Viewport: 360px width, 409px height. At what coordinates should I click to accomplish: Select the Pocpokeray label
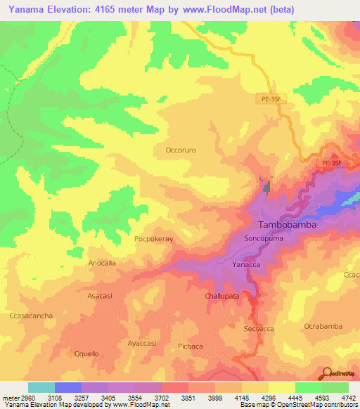click(153, 239)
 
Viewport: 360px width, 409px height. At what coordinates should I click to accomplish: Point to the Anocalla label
click(102, 262)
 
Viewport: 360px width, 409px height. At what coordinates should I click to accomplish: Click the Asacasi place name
click(100, 296)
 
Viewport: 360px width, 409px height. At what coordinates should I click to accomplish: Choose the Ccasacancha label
click(32, 316)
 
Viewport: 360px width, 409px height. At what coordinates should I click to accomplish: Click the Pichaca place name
click(191, 346)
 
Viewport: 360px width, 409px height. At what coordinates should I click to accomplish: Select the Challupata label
click(222, 297)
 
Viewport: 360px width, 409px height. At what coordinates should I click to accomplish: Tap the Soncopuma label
click(262, 239)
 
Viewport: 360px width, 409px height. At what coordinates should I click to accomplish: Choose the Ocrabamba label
click(323, 326)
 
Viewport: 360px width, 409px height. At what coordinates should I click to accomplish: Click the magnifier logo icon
click(325, 372)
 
